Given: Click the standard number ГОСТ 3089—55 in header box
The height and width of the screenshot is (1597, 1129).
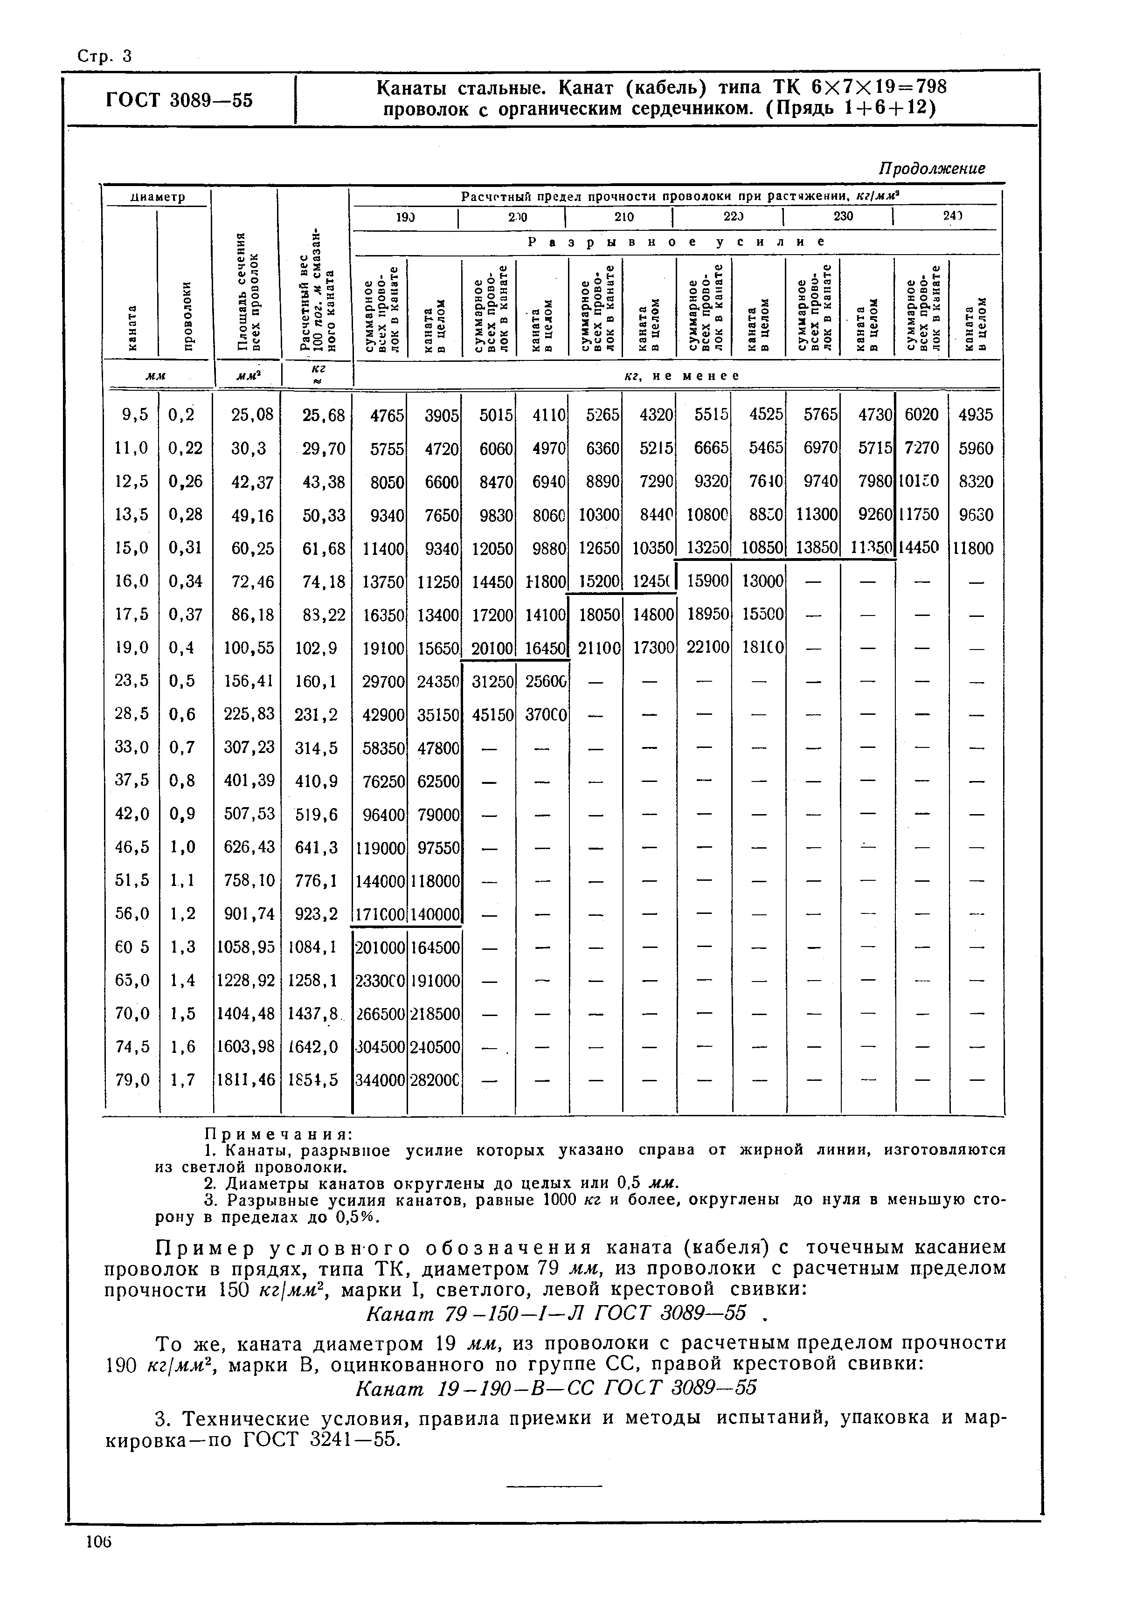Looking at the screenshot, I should click(x=179, y=100).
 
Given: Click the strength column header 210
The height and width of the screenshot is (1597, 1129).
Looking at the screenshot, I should click(x=623, y=216).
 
